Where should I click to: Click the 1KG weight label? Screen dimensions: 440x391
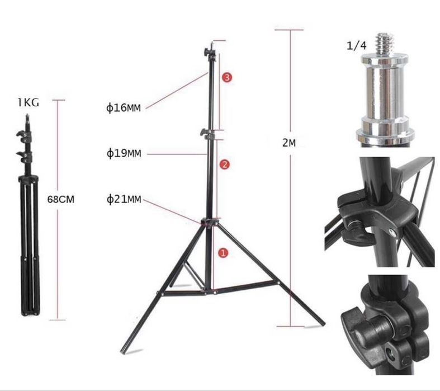pyautogui.click(x=29, y=102)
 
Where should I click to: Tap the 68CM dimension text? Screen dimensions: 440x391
pyautogui.click(x=61, y=200)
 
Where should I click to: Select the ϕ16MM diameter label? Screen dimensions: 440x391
pyautogui.click(x=123, y=108)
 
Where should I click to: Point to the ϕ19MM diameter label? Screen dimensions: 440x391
pyautogui.click(x=124, y=153)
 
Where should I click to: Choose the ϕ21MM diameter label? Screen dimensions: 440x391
pyautogui.click(x=124, y=199)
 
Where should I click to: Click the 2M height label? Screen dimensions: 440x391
pyautogui.click(x=288, y=143)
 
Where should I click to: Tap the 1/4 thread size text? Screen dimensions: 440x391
pyautogui.click(x=356, y=45)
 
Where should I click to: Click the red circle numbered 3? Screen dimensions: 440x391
pyautogui.click(x=227, y=77)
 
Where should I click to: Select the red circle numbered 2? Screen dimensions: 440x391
pyautogui.click(x=225, y=164)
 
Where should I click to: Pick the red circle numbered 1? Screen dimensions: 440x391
pyautogui.click(x=223, y=253)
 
